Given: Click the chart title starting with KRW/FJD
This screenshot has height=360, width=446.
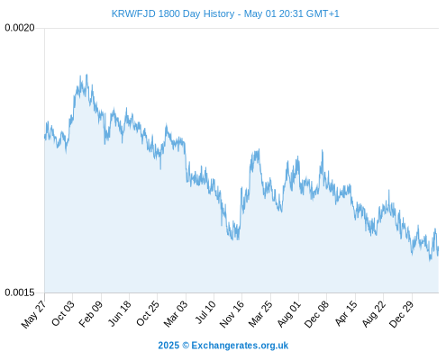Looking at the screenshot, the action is (x=225, y=13).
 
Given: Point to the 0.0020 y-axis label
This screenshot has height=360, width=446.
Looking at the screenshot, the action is (x=20, y=28).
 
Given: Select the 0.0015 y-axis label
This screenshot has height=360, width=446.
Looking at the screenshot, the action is (x=20, y=292).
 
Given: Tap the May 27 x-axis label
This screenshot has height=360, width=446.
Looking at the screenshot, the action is (x=33, y=313).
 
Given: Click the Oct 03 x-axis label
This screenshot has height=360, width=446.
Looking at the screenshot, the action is (x=63, y=313).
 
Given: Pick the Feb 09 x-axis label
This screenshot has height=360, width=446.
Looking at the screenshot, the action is (x=91, y=313).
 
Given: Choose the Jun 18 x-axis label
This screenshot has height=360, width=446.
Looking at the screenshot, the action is (x=119, y=313).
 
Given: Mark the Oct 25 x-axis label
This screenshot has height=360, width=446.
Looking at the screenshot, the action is (x=148, y=313).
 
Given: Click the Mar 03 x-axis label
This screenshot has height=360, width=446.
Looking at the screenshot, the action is (x=176, y=313).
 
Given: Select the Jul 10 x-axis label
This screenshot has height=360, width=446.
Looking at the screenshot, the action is (x=205, y=311).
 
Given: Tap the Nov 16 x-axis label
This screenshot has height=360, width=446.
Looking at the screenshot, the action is (x=232, y=314).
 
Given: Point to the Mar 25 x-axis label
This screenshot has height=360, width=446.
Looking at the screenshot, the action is (x=260, y=313).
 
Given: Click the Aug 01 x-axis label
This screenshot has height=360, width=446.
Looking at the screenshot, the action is (x=288, y=313).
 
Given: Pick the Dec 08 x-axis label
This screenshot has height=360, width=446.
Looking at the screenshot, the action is (x=316, y=314).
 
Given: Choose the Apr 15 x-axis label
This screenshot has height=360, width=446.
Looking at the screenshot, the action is (x=346, y=312).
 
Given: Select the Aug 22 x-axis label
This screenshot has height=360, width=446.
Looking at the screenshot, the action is (x=373, y=313).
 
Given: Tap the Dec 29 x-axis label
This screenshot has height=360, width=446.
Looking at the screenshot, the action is (x=401, y=314).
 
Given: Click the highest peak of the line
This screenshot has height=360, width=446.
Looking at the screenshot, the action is (x=86, y=75).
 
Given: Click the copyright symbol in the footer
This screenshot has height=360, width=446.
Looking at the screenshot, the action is (x=186, y=346).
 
